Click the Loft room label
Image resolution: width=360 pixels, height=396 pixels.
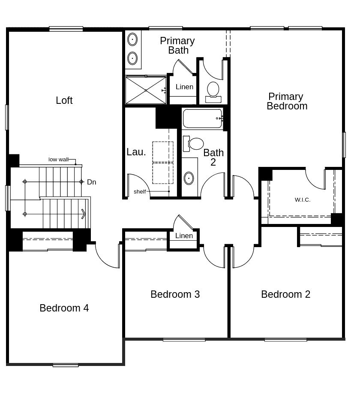click(x=64, y=100)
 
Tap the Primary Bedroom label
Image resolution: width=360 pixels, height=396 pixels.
click(x=287, y=101)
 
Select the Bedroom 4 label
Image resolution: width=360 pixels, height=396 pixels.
click(x=64, y=308)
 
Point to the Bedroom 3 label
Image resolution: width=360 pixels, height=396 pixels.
click(x=175, y=294)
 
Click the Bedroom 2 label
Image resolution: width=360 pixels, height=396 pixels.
click(x=285, y=294)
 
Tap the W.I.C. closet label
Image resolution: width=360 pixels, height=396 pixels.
click(x=303, y=200)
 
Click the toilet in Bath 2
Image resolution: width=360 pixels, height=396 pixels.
click(x=193, y=144)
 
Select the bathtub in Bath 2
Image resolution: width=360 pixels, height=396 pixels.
click(x=203, y=118)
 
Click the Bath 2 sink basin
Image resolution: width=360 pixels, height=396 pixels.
click(x=189, y=178)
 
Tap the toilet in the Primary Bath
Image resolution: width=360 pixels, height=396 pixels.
click(x=213, y=92)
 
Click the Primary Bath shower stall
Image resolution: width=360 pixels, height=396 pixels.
click(x=146, y=90)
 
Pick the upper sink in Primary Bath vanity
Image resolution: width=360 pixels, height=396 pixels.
click(x=132, y=39)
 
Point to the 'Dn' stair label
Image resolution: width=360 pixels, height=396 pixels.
click(x=92, y=182)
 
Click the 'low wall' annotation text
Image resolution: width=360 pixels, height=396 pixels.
click(x=58, y=160)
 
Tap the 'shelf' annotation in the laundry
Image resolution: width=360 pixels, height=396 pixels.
click(x=140, y=192)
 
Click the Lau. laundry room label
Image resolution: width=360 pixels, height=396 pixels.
click(x=136, y=152)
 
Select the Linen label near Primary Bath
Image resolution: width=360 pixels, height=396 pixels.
click(x=184, y=87)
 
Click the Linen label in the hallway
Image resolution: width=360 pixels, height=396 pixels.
click(x=184, y=236)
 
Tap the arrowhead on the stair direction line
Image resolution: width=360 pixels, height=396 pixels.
click(x=84, y=214)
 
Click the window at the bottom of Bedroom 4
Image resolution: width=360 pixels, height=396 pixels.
click(x=66, y=365)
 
